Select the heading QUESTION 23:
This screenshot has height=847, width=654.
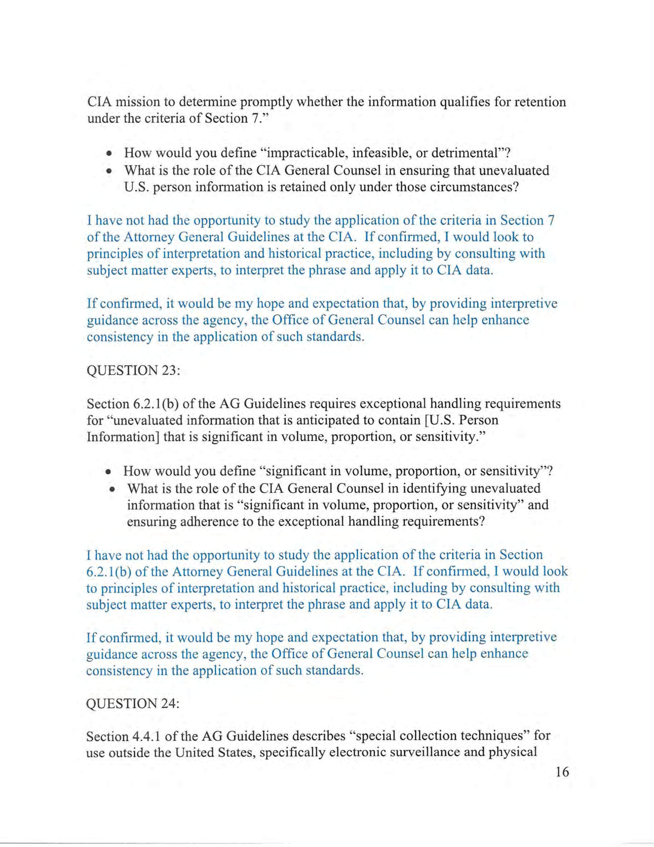tap(133, 370)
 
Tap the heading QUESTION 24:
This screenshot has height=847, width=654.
tap(133, 704)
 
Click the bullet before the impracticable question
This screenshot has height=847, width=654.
tap(110, 153)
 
